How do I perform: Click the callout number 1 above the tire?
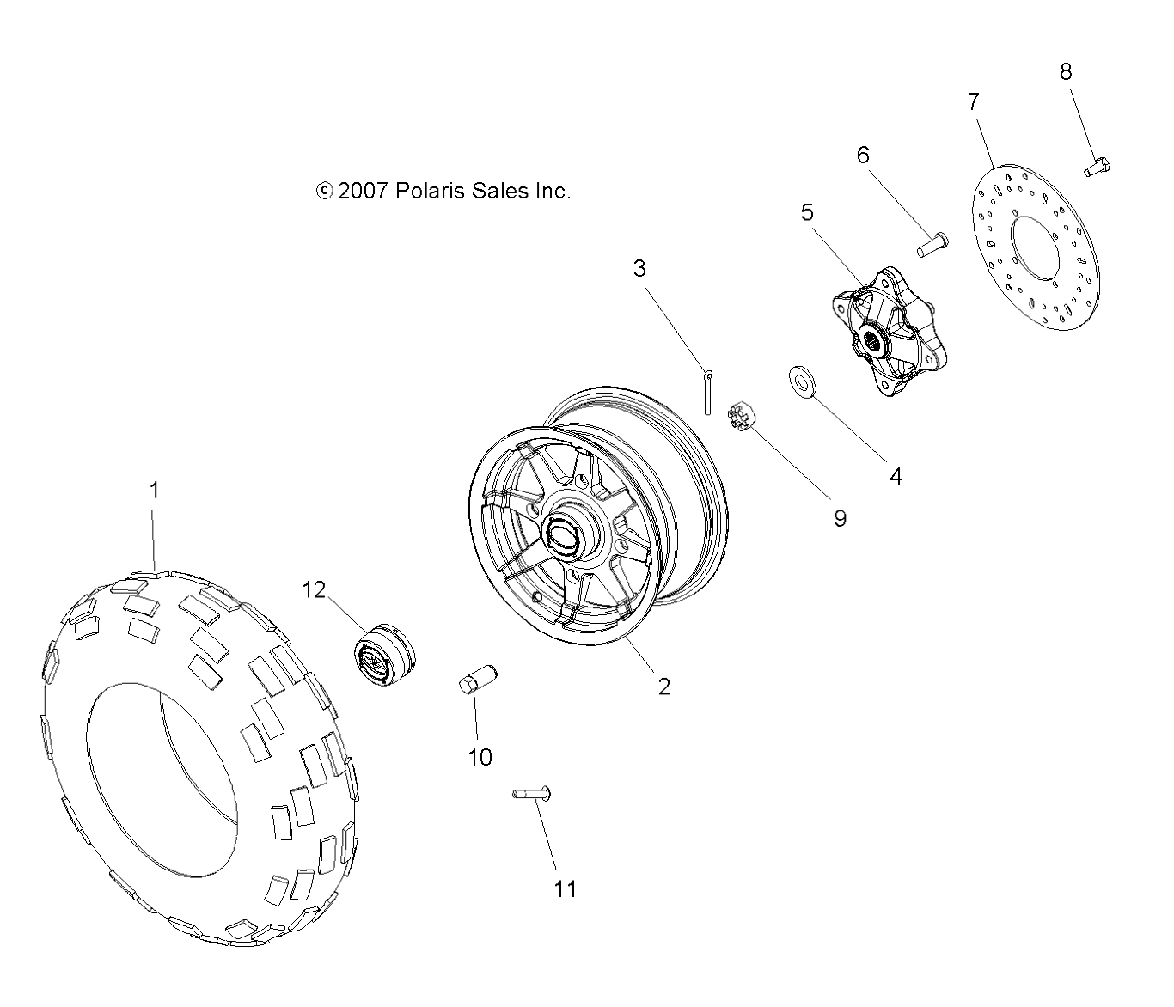tap(154, 491)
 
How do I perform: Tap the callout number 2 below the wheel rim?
tap(663, 686)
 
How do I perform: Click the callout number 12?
tap(314, 589)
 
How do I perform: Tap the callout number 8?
tap(1066, 71)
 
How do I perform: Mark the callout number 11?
tap(565, 888)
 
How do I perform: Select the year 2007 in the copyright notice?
tap(364, 191)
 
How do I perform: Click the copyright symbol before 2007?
tap(324, 191)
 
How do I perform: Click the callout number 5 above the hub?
tap(807, 211)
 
